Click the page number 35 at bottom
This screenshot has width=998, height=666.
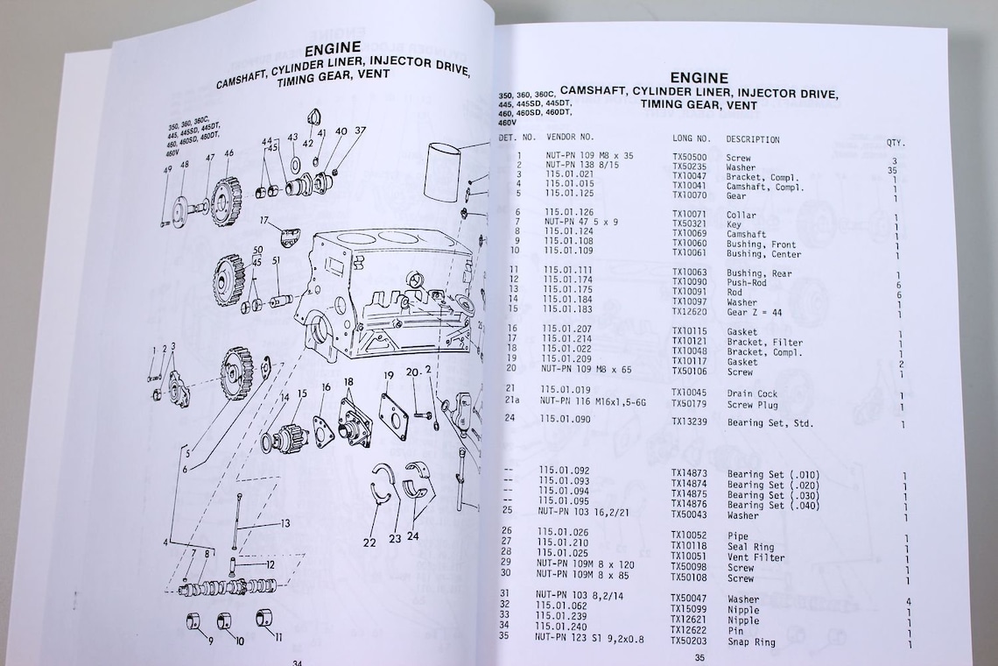699,658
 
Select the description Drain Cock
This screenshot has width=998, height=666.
752,394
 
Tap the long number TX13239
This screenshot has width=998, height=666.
692,422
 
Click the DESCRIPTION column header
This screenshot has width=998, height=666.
752,139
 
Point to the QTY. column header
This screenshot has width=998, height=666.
896,143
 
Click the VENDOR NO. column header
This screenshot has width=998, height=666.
570,138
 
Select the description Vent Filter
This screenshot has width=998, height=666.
756,557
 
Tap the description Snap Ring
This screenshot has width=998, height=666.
751,642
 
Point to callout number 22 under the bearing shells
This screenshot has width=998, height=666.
369,543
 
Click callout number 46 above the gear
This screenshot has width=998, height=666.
228,154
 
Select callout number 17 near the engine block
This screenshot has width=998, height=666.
263,219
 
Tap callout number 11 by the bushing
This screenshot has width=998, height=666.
278,638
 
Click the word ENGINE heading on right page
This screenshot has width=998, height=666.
698,78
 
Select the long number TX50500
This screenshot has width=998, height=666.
691,159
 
